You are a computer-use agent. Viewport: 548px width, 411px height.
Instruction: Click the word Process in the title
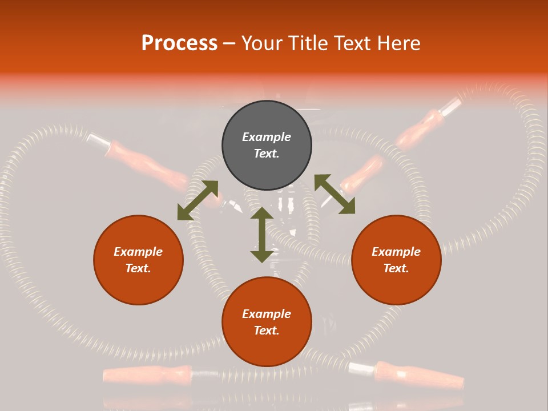click(179, 43)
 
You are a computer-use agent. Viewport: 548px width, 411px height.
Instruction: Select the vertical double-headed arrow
click(262, 235)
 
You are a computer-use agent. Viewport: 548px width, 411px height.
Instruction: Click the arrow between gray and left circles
click(198, 200)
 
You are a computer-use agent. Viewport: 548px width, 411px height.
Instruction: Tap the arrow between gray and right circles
click(335, 194)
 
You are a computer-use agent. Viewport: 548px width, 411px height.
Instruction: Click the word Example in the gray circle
click(267, 137)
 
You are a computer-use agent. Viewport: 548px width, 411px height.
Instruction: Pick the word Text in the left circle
click(138, 268)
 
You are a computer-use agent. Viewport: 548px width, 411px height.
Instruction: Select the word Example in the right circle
click(396, 252)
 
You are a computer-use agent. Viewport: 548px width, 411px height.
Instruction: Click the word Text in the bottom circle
click(267, 331)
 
